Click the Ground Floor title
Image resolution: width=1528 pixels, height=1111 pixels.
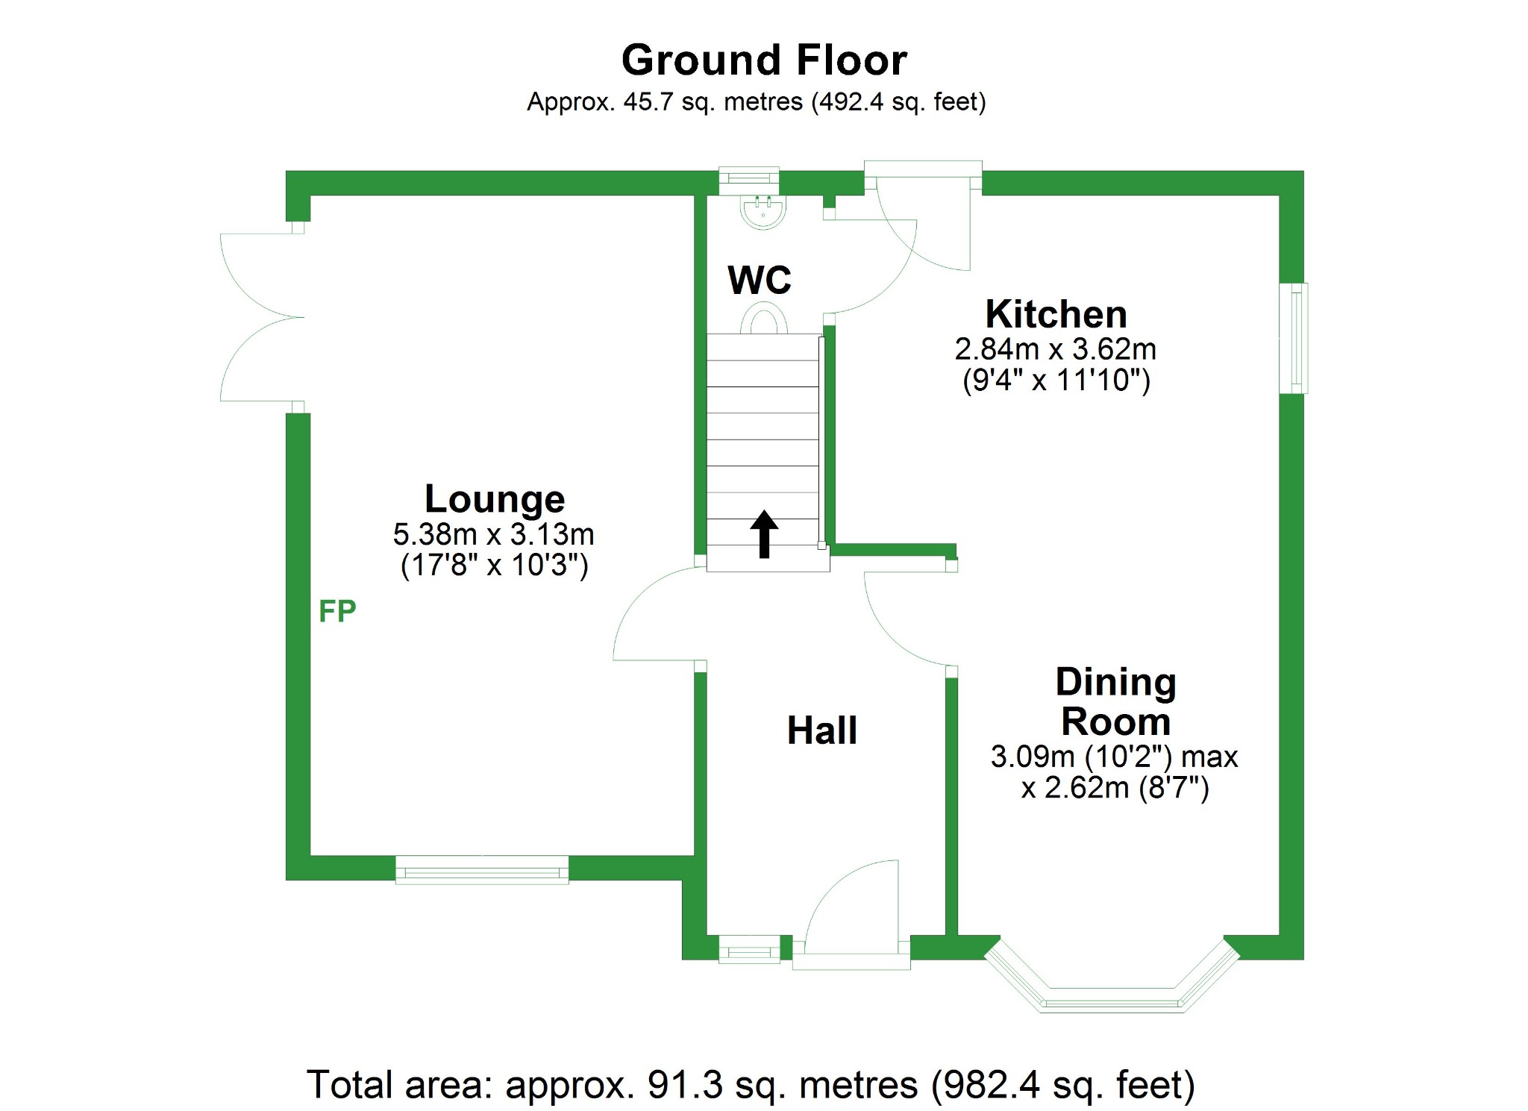click(x=764, y=60)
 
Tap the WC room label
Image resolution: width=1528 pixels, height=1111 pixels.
click(x=760, y=281)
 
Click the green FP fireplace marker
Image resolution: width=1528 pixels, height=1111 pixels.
click(x=337, y=612)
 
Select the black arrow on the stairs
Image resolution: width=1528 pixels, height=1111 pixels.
click(x=764, y=533)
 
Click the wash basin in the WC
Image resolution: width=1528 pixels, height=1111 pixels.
click(x=763, y=210)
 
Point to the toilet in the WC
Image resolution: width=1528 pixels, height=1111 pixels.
click(x=763, y=322)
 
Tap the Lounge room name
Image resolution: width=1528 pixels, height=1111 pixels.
click(x=495, y=498)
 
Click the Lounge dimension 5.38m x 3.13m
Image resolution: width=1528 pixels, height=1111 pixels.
click(x=493, y=534)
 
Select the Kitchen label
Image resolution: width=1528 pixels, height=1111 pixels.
click(x=1056, y=314)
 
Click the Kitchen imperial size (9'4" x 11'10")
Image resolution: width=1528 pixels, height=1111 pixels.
click(x=1056, y=381)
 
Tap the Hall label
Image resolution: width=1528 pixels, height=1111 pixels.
click(x=822, y=730)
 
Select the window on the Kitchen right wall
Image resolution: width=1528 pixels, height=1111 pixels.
click(x=1295, y=338)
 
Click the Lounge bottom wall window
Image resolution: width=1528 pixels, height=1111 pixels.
click(x=482, y=870)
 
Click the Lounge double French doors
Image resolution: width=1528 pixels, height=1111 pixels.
click(x=261, y=317)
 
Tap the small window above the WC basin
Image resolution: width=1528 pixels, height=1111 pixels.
click(x=748, y=179)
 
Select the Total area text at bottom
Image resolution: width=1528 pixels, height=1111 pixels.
click(x=751, y=1085)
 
